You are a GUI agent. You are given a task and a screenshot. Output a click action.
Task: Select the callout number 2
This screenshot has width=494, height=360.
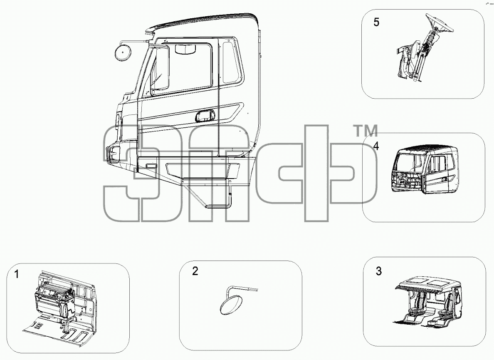click(195, 271)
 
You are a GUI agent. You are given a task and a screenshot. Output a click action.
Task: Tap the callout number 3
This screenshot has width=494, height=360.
click(379, 271)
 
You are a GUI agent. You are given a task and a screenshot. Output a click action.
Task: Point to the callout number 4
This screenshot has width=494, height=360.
click(376, 146)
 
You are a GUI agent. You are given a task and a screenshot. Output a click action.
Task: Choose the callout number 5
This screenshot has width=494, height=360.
click(376, 22)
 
